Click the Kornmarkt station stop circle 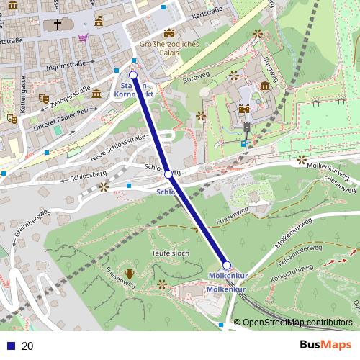(133, 75)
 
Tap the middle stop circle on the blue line (168, 174)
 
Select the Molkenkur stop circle (226, 265)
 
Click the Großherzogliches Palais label (168, 48)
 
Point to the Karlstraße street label (207, 13)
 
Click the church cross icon (57, 26)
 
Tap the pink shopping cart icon (84, 37)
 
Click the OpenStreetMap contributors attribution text (297, 323)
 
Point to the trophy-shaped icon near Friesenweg (130, 273)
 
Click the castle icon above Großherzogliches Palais (169, 33)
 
